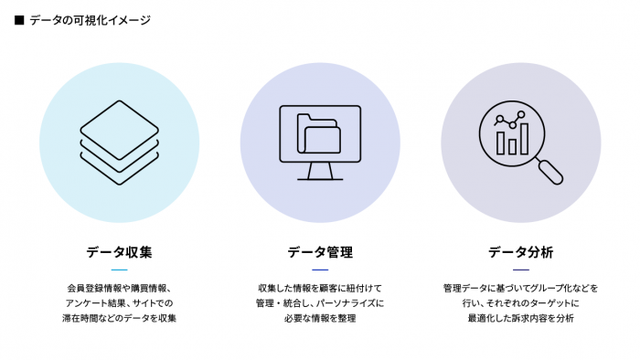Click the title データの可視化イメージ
[x=90, y=19]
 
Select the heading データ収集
[x=119, y=251]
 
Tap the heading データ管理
[x=320, y=251]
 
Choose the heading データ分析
[x=521, y=251]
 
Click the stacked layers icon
[x=119, y=142]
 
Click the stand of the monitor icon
[x=320, y=171]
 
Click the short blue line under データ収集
[x=119, y=270]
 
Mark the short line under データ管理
[x=320, y=270]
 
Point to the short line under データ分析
[x=521, y=270]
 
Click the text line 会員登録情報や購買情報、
[x=119, y=288]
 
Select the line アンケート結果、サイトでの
[x=119, y=302]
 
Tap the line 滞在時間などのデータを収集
[x=119, y=318]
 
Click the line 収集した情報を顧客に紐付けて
[x=320, y=288]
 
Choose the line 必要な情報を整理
[x=320, y=318]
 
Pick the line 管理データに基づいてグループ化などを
[x=521, y=288]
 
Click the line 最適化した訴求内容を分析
[x=521, y=318]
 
